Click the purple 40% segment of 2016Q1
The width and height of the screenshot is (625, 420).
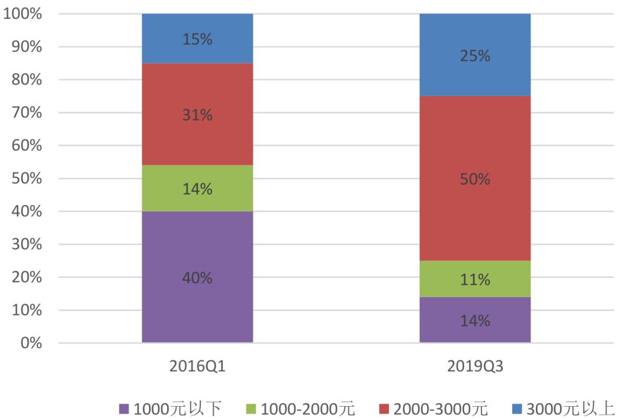(x=197, y=277)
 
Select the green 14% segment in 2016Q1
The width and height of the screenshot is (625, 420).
(x=197, y=188)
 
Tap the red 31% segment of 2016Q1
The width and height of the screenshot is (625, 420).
(x=197, y=114)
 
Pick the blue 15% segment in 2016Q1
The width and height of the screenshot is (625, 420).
(x=197, y=38)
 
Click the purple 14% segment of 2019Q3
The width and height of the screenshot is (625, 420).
(x=475, y=320)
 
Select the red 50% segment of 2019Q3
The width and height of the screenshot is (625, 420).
(x=475, y=178)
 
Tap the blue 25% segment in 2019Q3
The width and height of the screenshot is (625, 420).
(x=475, y=55)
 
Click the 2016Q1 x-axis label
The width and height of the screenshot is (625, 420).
(x=197, y=366)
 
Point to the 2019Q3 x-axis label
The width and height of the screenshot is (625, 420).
(x=475, y=366)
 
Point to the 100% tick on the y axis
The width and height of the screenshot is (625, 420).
(x=23, y=14)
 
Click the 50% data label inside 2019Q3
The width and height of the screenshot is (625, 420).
(x=475, y=179)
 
